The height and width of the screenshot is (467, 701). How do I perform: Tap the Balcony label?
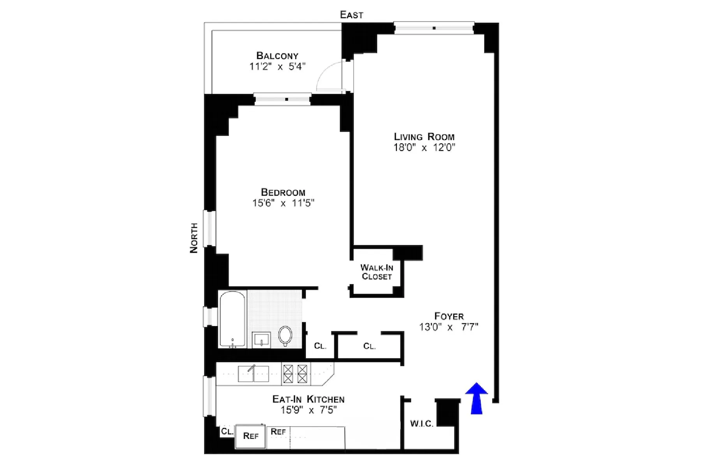[x=277, y=56]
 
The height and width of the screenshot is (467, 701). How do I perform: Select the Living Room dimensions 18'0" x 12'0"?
[x=424, y=147]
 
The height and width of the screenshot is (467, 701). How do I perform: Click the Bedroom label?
[x=283, y=192]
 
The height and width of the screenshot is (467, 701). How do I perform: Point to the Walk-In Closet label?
[x=377, y=272]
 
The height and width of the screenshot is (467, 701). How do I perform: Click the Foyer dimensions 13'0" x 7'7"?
[x=449, y=327]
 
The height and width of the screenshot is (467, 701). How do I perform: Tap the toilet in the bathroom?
[x=285, y=335]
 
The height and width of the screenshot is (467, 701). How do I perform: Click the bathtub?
[x=232, y=319]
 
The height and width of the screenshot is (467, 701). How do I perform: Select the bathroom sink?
[x=261, y=340]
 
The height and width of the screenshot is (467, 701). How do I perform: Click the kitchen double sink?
[x=253, y=374]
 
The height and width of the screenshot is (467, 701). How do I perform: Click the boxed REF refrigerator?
[x=250, y=436]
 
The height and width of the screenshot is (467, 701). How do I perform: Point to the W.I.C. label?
[x=421, y=424]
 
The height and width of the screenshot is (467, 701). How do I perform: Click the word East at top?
[x=351, y=15]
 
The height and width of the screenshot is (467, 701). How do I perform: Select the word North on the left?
[x=194, y=238]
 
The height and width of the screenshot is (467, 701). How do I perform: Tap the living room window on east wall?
[x=434, y=28]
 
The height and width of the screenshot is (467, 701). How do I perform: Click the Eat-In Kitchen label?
[x=308, y=399]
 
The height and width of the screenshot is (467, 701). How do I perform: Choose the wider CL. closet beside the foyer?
[x=369, y=346]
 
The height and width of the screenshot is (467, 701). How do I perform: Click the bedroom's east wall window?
[x=283, y=99]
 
